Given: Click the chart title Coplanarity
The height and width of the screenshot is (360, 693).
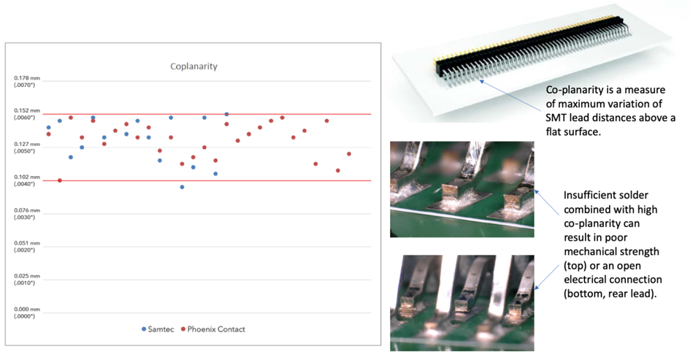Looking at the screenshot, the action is pos(194,66).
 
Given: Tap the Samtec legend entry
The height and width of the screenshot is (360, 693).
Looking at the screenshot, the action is pos(158,329).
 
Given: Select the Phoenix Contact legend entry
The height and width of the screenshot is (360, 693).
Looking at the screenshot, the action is pos(213,329).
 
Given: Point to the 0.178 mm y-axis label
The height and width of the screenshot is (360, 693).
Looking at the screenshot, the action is pos(27,78).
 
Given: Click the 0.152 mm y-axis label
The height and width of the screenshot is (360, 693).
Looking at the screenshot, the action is pos(27,111).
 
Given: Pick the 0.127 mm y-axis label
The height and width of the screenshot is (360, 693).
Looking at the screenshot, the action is pos(27,144).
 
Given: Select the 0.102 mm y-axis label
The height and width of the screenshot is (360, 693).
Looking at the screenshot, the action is pos(27,177).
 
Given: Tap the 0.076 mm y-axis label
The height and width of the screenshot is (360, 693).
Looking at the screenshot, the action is pos(27,210).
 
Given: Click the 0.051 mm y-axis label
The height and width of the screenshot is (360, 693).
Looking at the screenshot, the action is pos(27,243).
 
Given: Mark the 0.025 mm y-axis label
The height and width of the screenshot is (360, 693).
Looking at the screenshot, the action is pos(27,276).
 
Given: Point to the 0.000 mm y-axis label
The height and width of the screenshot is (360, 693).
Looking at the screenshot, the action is pos(27,309).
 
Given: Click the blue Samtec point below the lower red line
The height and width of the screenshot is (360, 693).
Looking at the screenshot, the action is pos(182,187).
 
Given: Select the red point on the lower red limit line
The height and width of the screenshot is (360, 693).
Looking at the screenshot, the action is pos(60,180).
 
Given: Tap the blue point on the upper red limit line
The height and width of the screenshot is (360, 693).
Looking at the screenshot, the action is pos(226,114).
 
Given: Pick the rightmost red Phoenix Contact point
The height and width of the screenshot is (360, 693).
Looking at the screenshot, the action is pos(349,154).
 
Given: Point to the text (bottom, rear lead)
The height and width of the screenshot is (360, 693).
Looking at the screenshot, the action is pos(610,294).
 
